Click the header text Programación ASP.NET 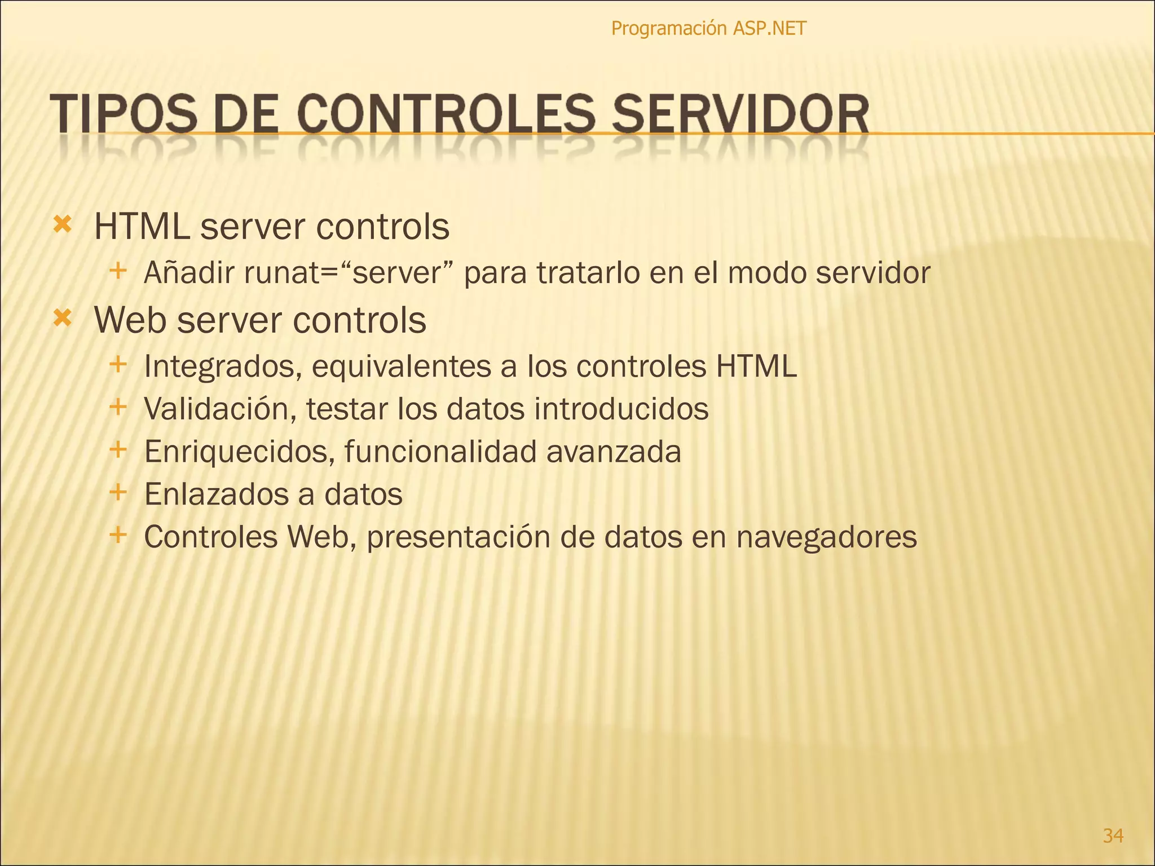[x=708, y=28]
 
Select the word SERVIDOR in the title [x=740, y=115]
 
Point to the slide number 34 [x=1113, y=835]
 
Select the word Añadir [x=189, y=273]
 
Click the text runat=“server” [x=349, y=273]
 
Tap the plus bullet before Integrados [x=118, y=364]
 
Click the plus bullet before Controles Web [x=118, y=534]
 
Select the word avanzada [x=614, y=452]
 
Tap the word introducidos [x=621, y=409]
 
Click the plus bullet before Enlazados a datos [x=118, y=492]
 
